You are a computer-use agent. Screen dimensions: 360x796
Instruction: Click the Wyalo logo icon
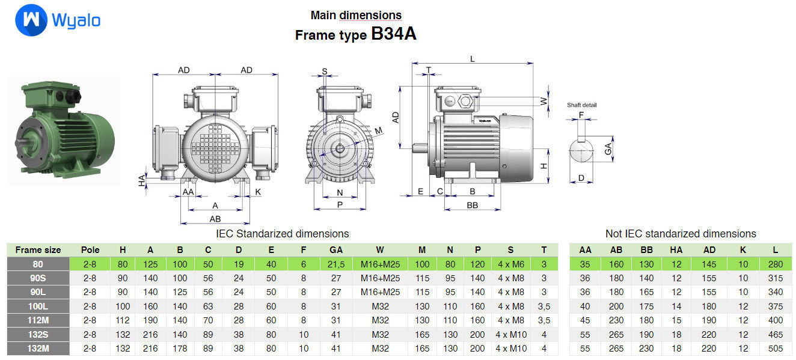(x=31, y=21)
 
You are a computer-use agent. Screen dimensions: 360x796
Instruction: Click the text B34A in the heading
(x=393, y=34)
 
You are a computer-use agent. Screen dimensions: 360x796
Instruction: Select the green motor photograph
(x=60, y=129)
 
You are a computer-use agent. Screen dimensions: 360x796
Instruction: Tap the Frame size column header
(x=38, y=249)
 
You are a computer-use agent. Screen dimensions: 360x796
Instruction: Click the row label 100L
(x=38, y=306)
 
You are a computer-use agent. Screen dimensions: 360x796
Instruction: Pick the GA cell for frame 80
(x=336, y=264)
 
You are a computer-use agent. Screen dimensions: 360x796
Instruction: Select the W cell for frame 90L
(x=380, y=292)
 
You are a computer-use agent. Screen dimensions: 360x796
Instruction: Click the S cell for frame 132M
(x=510, y=348)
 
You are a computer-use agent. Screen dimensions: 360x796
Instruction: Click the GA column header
(x=336, y=249)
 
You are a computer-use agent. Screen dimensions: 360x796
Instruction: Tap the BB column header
(x=646, y=249)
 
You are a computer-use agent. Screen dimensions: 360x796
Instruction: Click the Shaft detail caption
(x=582, y=105)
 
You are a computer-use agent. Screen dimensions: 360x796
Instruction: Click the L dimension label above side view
(x=472, y=59)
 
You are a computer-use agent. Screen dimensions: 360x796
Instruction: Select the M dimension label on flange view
(x=378, y=130)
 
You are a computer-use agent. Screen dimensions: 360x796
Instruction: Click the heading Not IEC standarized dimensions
(x=681, y=234)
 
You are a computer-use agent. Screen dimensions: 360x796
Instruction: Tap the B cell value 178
(x=180, y=348)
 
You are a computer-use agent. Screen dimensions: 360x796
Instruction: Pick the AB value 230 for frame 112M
(x=616, y=320)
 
